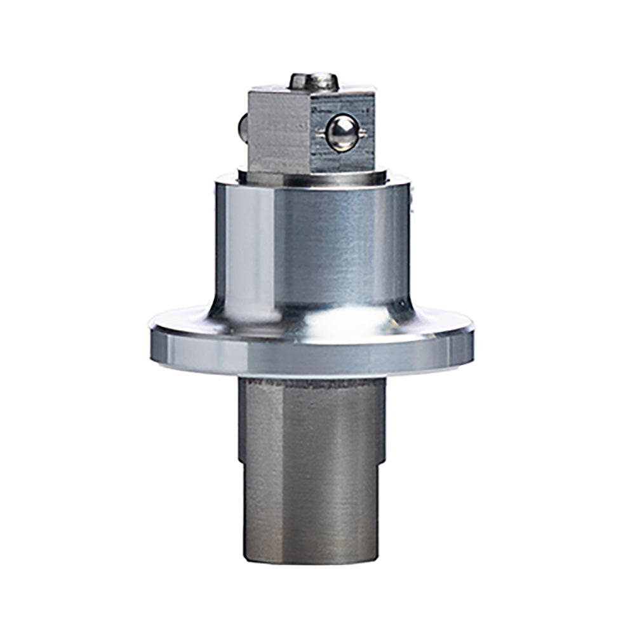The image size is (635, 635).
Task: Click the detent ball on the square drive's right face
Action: pyautogui.click(x=342, y=133)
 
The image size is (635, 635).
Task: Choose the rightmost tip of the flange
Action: pyautogui.click(x=473, y=330)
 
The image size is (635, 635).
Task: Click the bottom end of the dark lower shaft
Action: pyautogui.click(x=311, y=559)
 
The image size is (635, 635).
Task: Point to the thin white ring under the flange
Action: pyautogui.click(x=311, y=376)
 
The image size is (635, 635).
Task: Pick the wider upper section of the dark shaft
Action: pyautogui.click(x=311, y=419)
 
